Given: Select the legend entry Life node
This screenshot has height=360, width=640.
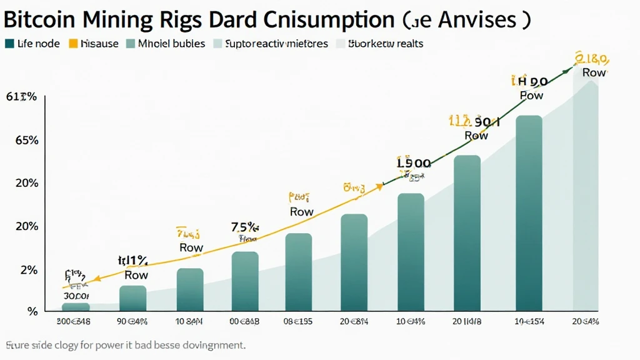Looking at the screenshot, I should pos(34,44).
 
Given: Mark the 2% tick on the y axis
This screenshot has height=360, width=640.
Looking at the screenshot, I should pos(29,270).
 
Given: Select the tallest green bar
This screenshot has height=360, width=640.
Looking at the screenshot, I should pos(529,212).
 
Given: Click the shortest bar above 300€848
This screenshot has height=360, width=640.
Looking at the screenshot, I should pos(76,306).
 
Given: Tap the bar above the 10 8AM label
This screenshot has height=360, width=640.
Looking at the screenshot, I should pos(190,289).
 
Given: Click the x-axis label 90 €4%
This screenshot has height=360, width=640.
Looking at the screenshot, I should pos(132,322).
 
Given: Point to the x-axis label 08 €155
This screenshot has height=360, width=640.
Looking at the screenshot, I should pos(299,322).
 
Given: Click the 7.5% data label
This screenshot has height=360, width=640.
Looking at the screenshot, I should pos(245,227).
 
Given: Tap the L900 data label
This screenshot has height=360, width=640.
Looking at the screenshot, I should pos(414,163).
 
